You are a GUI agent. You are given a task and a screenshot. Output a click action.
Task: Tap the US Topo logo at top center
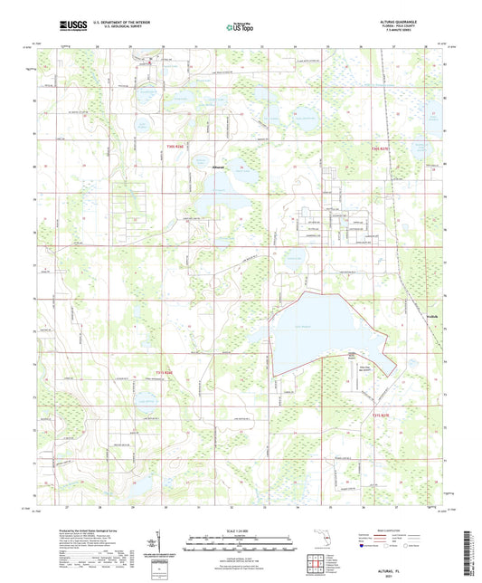238,28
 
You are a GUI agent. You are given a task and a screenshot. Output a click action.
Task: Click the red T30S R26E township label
175,148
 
